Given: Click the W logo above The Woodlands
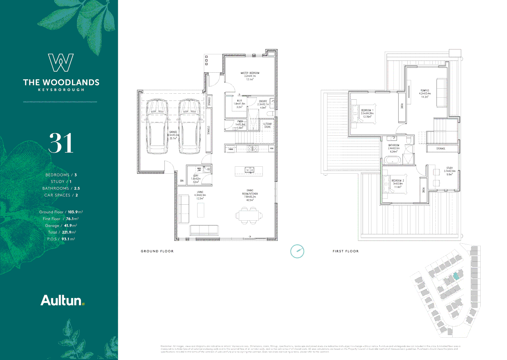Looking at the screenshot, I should pyautogui.click(x=61, y=63).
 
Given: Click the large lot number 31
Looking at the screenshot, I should pyautogui.click(x=61, y=143).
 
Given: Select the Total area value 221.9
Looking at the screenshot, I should pyautogui.click(x=67, y=232).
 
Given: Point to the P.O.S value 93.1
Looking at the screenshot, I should pyautogui.click(x=65, y=239).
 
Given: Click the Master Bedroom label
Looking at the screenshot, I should pyautogui.click(x=250, y=73).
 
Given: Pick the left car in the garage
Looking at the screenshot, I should pyautogui.click(x=157, y=127).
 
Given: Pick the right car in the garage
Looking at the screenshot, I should pyautogui.click(x=189, y=127).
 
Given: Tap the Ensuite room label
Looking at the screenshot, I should pyautogui.click(x=263, y=101).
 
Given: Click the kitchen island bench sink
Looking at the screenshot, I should pyautogui.click(x=249, y=170).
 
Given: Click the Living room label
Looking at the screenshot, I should pyautogui.click(x=200, y=192).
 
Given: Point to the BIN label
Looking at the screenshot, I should pyautogui.click(x=182, y=181).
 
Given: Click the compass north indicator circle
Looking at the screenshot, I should pyautogui.click(x=297, y=251).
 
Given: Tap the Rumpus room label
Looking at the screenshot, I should pyautogui.click(x=425, y=91).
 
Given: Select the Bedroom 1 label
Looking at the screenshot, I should pyautogui.click(x=367, y=110).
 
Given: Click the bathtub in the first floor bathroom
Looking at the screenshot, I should pyautogui.click(x=393, y=161).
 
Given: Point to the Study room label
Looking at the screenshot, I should pyautogui.click(x=449, y=168).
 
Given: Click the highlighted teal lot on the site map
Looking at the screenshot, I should pyautogui.click(x=456, y=276).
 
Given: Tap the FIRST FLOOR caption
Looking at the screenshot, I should pyautogui.click(x=345, y=251).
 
